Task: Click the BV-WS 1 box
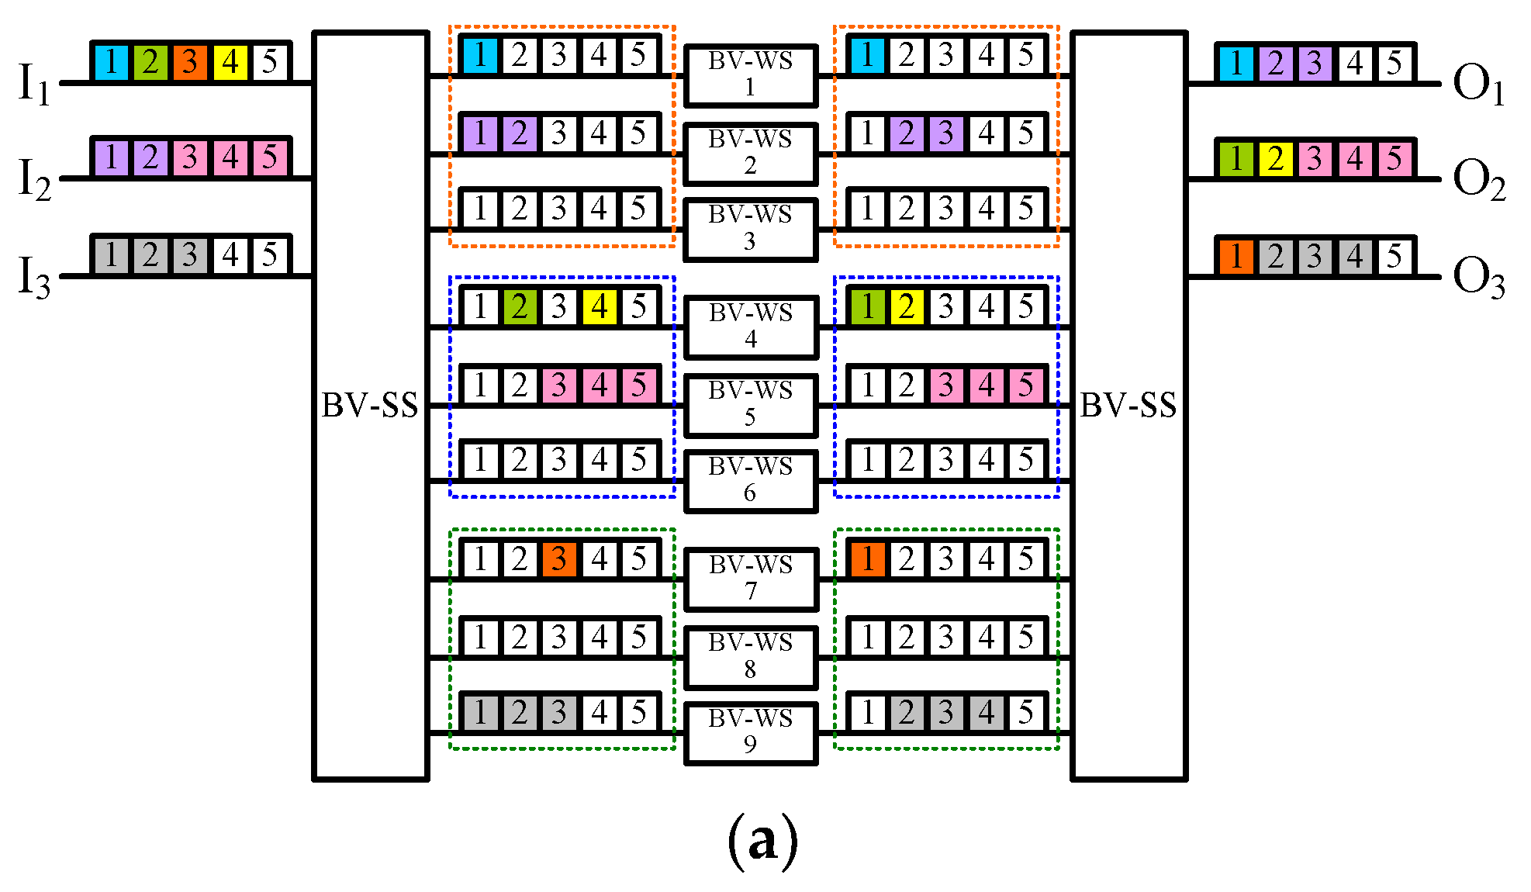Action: click(750, 75)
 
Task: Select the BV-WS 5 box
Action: click(750, 405)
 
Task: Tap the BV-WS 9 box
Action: click(750, 732)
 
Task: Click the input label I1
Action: click(34, 84)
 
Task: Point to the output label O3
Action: click(1478, 277)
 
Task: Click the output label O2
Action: click(1478, 179)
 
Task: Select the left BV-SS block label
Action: click(370, 405)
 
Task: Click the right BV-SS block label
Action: click(1128, 405)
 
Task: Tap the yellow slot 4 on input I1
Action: click(230, 62)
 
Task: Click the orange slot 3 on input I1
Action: click(190, 62)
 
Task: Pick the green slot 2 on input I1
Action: click(150, 62)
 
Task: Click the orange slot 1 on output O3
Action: click(1236, 257)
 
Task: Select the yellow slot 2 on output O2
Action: click(1276, 159)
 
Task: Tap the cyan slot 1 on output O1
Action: click(1236, 63)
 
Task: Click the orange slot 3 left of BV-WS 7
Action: click(559, 559)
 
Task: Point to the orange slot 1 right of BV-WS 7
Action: click(868, 559)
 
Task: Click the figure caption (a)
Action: click(763, 841)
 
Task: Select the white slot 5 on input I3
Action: click(269, 255)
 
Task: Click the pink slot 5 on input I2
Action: click(269, 157)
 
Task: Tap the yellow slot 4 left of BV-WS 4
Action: click(599, 307)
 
